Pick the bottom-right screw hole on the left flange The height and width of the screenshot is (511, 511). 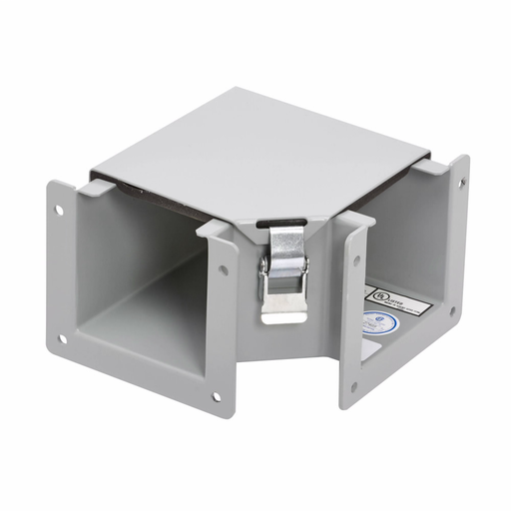click(215, 397)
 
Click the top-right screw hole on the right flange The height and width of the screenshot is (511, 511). click(460, 181)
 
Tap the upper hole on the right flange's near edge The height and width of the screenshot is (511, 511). click(357, 260)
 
